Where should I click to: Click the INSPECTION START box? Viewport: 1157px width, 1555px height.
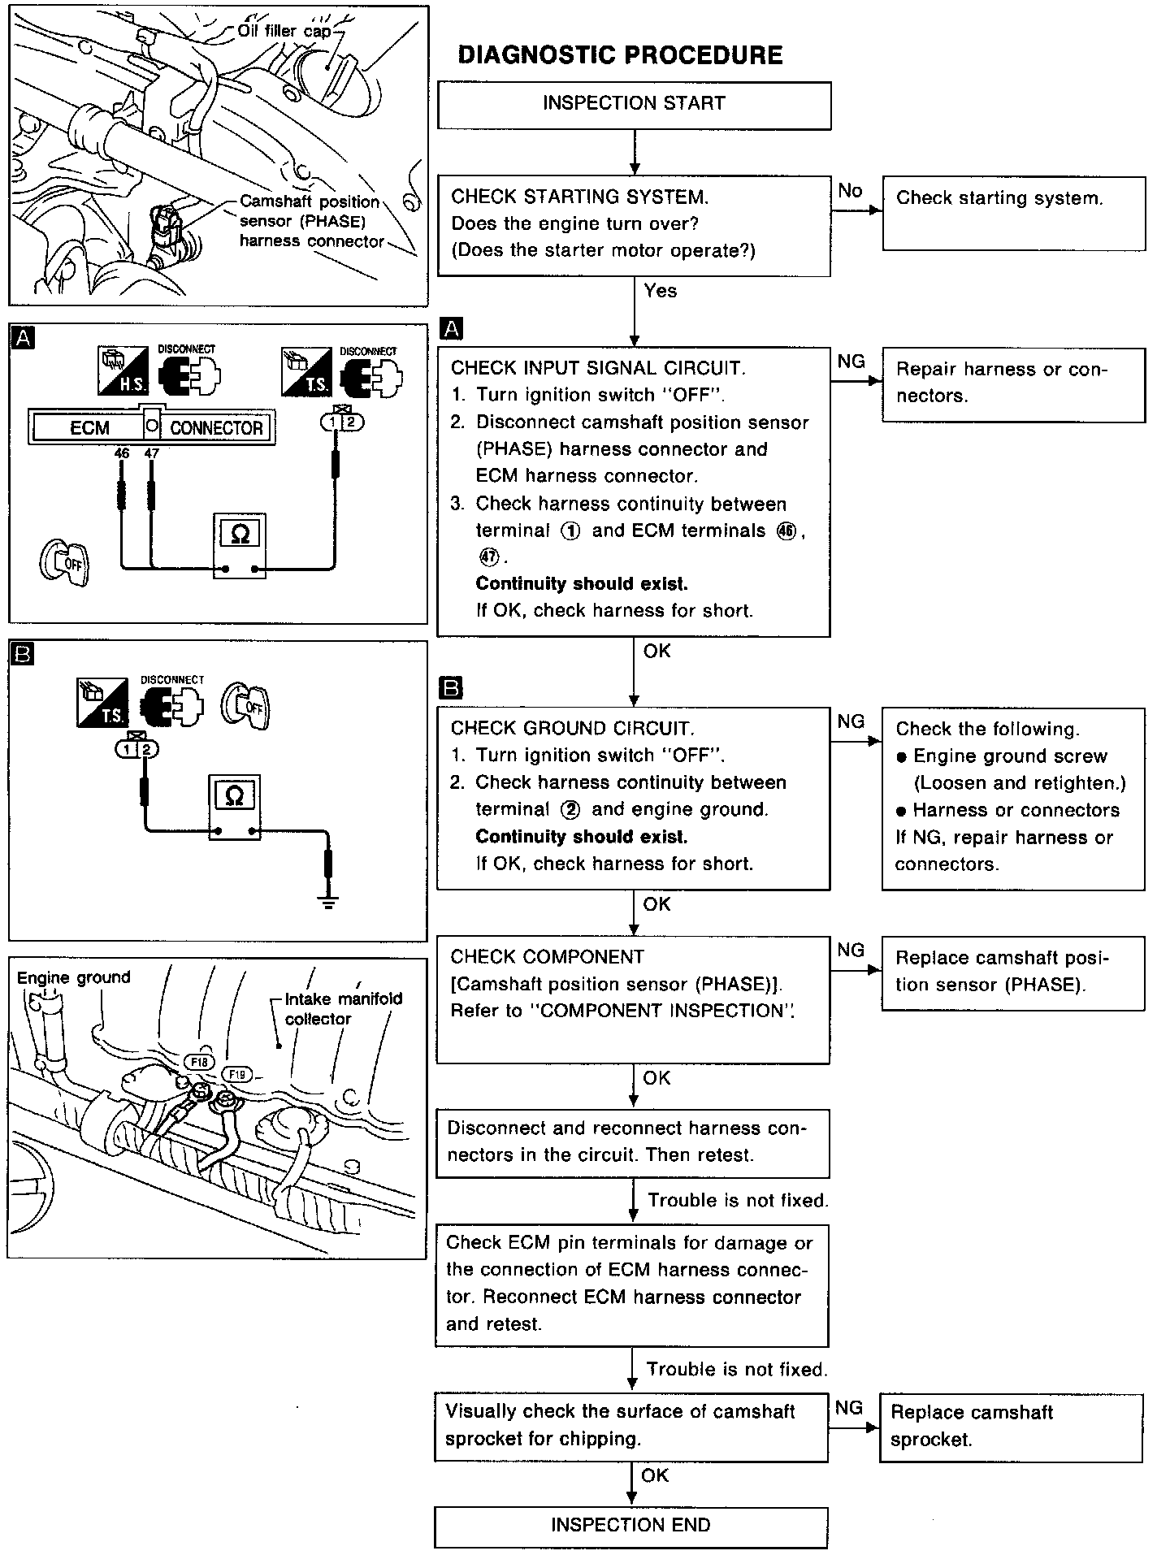634,104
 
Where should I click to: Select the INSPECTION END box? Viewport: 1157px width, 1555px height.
630,1525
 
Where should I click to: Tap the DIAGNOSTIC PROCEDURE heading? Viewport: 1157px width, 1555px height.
620,55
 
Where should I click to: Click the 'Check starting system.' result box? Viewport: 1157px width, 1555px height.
1012,214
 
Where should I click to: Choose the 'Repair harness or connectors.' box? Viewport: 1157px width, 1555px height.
1012,384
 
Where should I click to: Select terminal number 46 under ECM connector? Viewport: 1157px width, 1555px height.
122,454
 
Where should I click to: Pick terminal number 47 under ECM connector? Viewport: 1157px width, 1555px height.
151,454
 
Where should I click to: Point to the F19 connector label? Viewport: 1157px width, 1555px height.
237,1074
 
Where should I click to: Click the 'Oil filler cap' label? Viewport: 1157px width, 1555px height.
284,31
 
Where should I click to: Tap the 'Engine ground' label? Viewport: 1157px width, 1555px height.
73,977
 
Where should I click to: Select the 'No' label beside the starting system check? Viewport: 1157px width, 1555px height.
850,191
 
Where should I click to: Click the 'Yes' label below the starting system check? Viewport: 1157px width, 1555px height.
660,291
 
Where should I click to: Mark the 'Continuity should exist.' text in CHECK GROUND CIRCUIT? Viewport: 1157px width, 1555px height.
581,836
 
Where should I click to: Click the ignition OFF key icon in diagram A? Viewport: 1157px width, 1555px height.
63,561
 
